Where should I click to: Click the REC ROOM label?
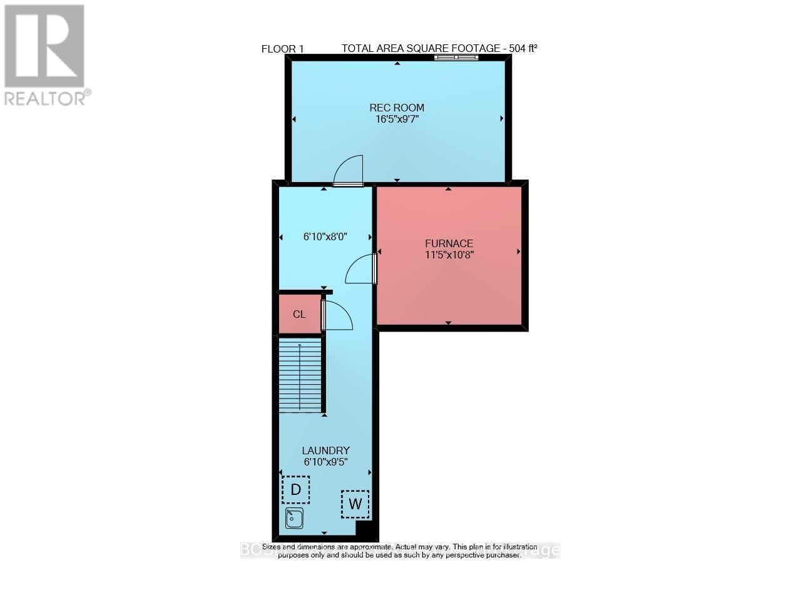click(397, 108)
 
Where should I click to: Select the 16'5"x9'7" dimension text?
click(397, 120)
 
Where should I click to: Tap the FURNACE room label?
click(449, 243)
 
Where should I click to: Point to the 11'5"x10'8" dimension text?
click(449, 255)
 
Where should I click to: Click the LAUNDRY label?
click(325, 450)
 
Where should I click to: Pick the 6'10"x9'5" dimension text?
click(325, 462)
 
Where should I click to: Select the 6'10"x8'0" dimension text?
click(325, 237)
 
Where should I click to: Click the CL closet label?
click(299, 314)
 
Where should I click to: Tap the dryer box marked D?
click(296, 489)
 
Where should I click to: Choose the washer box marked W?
click(355, 504)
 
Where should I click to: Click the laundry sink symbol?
click(294, 518)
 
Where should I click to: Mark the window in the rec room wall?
click(457, 58)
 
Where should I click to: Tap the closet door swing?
click(337, 315)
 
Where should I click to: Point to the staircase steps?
click(300, 375)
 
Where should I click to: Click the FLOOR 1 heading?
click(282, 49)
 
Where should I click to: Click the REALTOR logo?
click(44, 55)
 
